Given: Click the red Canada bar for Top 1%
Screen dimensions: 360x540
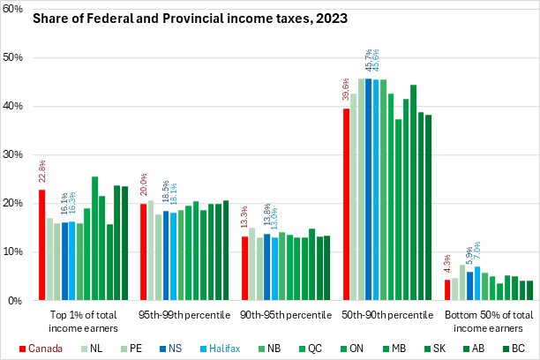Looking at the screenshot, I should coord(41,245).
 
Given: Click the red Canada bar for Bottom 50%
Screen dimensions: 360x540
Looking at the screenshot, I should coord(447,290).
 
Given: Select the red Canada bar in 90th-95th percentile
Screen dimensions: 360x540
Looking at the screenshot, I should coord(244,268).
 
